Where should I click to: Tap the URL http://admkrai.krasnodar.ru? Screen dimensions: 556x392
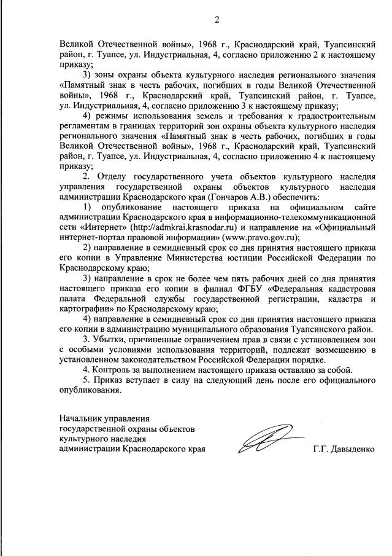(x=179, y=226)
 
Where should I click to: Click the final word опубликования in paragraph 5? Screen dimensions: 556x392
(x=90, y=390)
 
